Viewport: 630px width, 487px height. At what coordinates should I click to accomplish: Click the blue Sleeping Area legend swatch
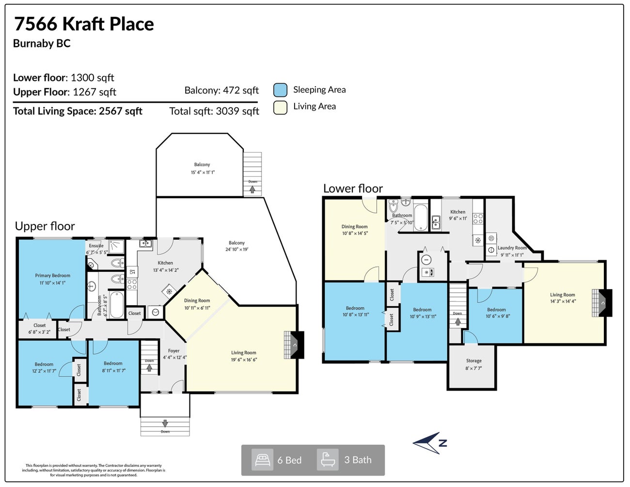pos(280,90)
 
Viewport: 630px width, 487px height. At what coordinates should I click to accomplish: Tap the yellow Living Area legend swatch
pos(280,107)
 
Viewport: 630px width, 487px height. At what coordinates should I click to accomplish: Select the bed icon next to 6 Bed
pos(262,460)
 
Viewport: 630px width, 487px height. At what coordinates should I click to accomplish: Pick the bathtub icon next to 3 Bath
pos(328,460)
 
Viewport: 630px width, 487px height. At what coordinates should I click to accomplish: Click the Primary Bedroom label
pos(52,276)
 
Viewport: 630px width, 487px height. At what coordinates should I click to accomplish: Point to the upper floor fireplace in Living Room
pos(294,345)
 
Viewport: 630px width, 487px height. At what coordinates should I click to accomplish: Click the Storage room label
pos(473,361)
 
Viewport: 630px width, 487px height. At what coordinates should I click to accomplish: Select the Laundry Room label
pos(512,248)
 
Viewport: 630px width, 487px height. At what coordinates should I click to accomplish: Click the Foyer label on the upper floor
pos(173,351)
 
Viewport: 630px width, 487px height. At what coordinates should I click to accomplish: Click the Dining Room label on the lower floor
pos(354,227)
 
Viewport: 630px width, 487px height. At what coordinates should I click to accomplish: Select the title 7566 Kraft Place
pos(84,24)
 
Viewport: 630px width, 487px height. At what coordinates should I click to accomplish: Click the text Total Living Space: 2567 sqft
pos(78,111)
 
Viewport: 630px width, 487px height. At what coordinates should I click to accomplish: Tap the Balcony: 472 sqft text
pos(221,91)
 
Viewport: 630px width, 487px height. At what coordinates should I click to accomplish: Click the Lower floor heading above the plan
pos(353,189)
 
